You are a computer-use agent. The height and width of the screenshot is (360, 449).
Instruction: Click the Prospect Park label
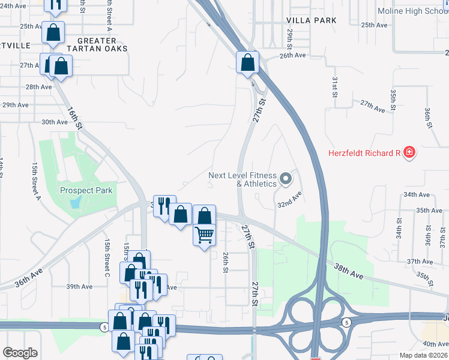point(86,191)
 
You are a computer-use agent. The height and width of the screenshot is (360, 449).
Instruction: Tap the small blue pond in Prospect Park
point(74,203)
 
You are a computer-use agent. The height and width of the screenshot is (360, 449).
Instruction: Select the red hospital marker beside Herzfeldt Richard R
point(409,153)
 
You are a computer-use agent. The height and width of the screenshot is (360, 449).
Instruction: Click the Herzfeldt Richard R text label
point(364,153)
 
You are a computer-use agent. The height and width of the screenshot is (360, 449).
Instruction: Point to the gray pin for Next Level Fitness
point(286,178)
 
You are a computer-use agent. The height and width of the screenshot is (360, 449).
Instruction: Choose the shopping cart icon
point(205,234)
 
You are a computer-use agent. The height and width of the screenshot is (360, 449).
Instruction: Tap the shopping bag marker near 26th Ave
point(247,62)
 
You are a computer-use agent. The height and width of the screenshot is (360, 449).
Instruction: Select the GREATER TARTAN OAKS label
point(98,44)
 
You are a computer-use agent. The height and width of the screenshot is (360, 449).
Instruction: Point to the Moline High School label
point(413,11)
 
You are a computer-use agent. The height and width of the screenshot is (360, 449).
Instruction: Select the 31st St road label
point(335,87)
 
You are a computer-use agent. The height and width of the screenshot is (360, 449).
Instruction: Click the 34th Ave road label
point(417,195)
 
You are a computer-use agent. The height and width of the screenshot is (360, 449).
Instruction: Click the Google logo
point(20,353)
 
